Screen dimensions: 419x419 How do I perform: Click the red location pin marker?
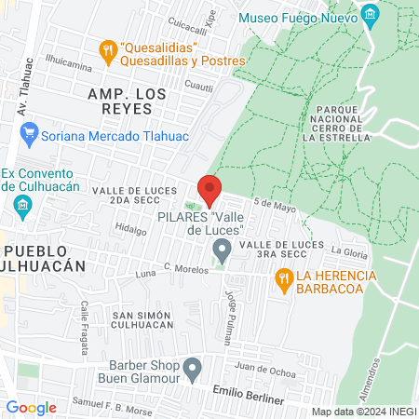pyautogui.click(x=209, y=190)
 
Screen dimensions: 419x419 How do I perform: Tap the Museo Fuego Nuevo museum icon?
pyautogui.click(x=371, y=16)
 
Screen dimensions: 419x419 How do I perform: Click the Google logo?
pyautogui.click(x=31, y=407)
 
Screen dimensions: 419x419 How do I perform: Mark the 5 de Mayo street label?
pyautogui.click(x=275, y=206)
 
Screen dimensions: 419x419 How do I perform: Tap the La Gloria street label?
pyautogui.click(x=350, y=251)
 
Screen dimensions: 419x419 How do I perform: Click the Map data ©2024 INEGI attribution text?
pyautogui.click(x=363, y=411)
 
